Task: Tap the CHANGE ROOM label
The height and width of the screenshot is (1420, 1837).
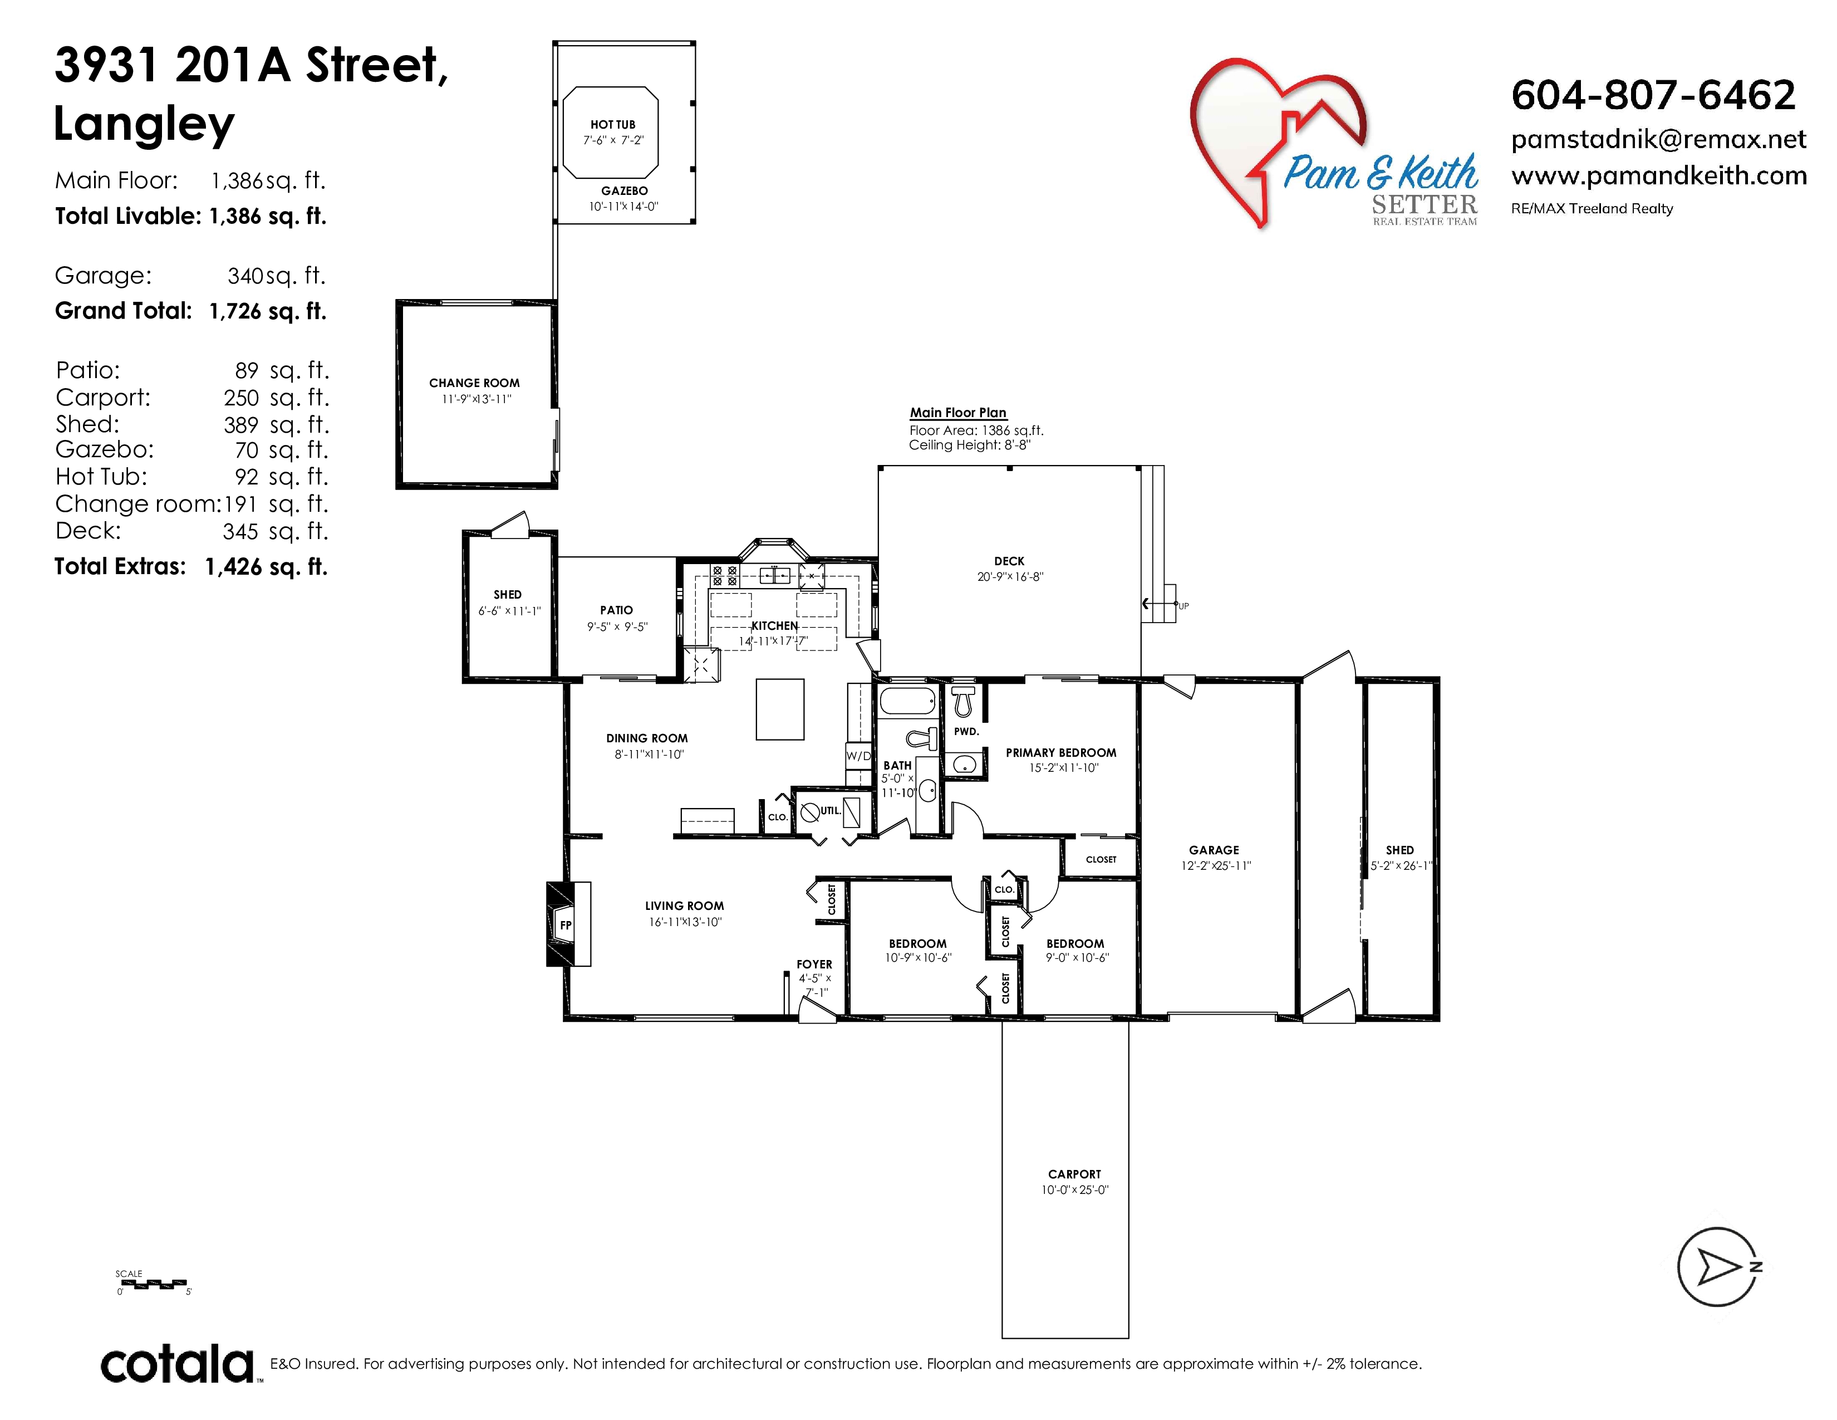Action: (x=474, y=383)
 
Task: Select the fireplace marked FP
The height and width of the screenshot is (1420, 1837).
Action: (x=568, y=924)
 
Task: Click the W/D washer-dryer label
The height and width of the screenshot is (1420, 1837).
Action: (x=858, y=756)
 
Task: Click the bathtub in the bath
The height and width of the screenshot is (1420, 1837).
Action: (x=907, y=700)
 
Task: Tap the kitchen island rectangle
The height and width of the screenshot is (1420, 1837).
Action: (x=780, y=709)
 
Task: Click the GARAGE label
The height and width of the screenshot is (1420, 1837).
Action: (x=1214, y=850)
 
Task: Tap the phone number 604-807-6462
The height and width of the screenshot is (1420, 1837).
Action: (x=1653, y=95)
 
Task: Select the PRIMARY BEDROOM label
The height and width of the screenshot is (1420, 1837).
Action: (x=1060, y=752)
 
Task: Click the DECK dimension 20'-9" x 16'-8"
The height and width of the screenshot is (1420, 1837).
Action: (x=1009, y=577)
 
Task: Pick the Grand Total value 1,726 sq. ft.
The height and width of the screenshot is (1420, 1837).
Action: (x=267, y=311)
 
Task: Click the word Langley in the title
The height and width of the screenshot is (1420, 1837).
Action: (x=144, y=125)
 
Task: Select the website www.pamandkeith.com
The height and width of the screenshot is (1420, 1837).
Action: (x=1659, y=176)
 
